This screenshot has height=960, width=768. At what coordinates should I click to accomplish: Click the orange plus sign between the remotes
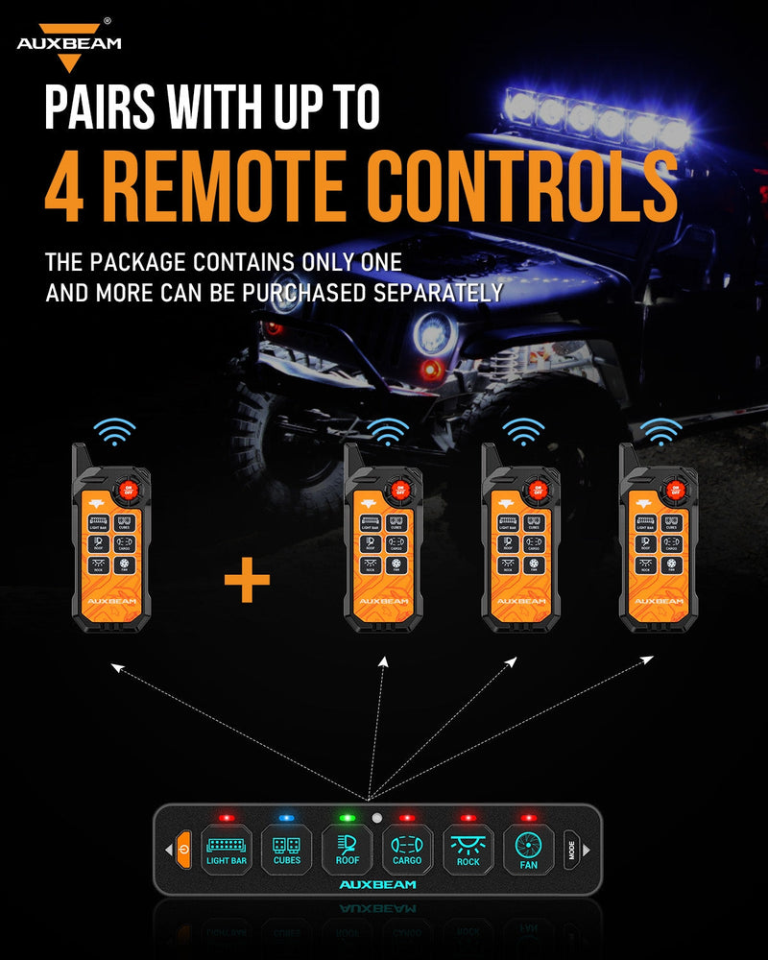pos(247,582)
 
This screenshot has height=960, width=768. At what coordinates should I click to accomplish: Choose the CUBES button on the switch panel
pos(286,849)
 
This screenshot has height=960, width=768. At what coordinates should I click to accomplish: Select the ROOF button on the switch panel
pos(347,849)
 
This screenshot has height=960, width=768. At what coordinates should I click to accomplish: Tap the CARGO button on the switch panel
pos(407,849)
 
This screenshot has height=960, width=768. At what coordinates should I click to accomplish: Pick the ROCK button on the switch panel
pos(468,849)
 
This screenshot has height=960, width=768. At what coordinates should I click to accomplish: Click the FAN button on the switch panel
pos(528,849)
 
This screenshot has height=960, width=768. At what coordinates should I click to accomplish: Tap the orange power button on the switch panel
pos(183,849)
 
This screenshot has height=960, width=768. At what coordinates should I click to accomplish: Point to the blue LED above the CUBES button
pos(285,818)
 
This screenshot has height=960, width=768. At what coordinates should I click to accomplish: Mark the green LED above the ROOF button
pos(347,818)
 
